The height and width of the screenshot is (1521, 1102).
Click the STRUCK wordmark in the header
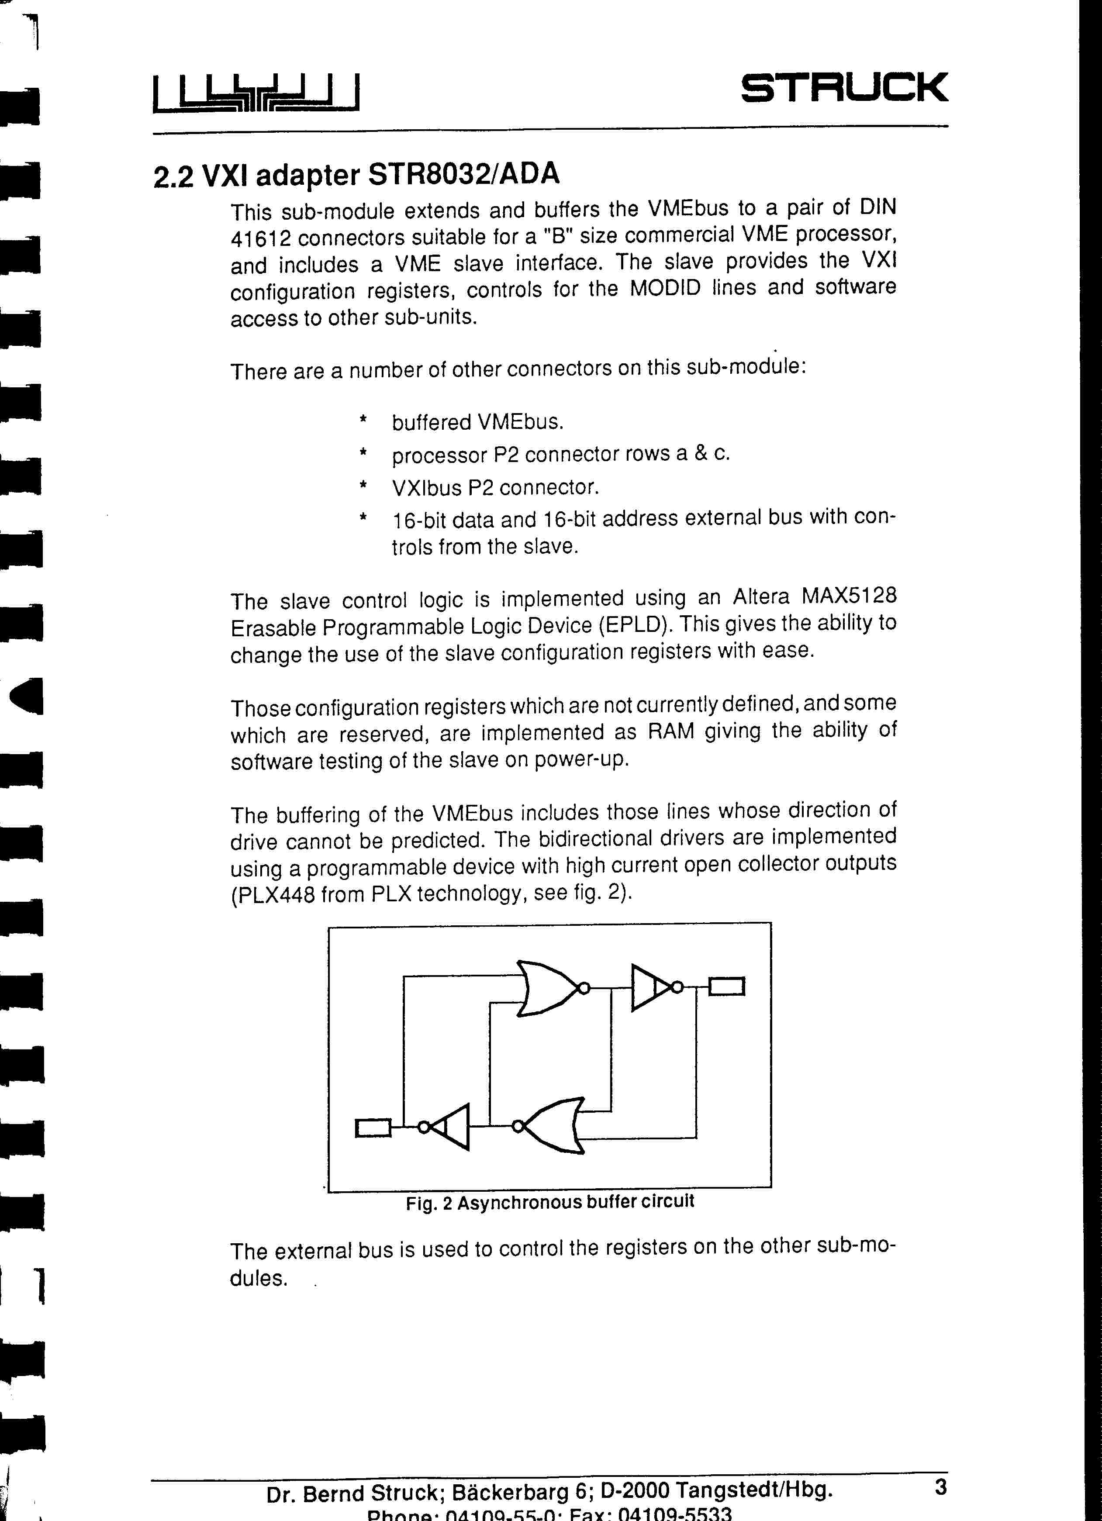844,88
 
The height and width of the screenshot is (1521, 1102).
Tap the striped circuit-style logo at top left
256,93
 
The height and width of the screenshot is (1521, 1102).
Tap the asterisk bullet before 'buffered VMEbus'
363,420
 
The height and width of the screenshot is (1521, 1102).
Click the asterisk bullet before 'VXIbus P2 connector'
363,485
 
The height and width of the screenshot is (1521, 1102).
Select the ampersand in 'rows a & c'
701,453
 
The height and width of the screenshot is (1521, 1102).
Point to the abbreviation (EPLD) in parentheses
635,625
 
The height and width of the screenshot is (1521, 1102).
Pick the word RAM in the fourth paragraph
670,731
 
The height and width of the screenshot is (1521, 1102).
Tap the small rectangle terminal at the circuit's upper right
726,986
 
